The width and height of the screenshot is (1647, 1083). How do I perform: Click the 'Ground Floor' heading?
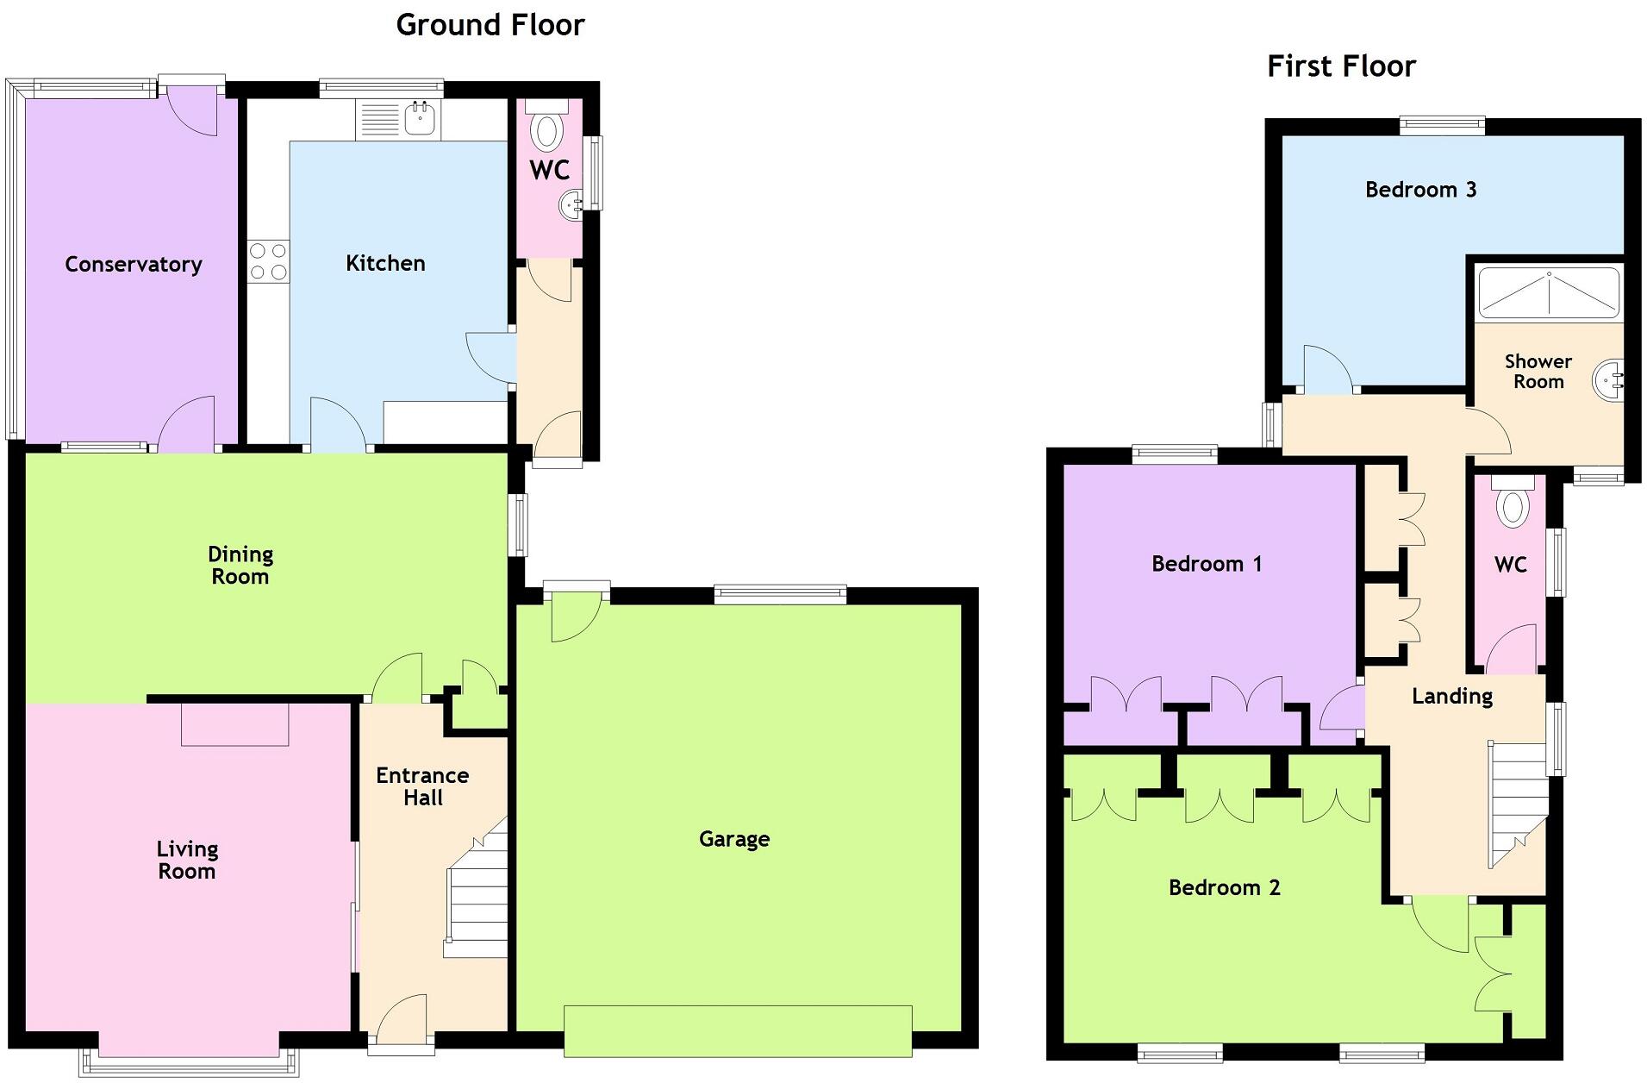click(490, 25)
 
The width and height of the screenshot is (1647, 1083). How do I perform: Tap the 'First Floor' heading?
click(1341, 66)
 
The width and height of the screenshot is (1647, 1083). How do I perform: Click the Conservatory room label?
click(134, 264)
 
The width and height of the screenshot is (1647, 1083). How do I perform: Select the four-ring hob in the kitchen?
click(268, 261)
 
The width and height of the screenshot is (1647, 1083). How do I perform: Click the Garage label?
click(734, 839)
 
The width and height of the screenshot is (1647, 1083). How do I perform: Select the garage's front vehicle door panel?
click(738, 1030)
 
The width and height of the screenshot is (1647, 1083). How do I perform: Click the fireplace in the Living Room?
click(234, 724)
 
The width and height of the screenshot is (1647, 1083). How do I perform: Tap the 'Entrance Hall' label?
click(422, 786)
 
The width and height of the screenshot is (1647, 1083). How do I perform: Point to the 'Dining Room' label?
click(240, 565)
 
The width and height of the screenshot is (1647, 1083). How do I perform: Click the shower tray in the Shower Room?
click(1549, 293)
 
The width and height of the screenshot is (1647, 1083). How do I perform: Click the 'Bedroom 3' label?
click(1420, 190)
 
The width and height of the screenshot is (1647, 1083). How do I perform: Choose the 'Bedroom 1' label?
click(1207, 564)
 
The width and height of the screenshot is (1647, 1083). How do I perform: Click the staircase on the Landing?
click(1519, 802)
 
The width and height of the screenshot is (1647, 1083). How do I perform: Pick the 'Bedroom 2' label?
click(1224, 887)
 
